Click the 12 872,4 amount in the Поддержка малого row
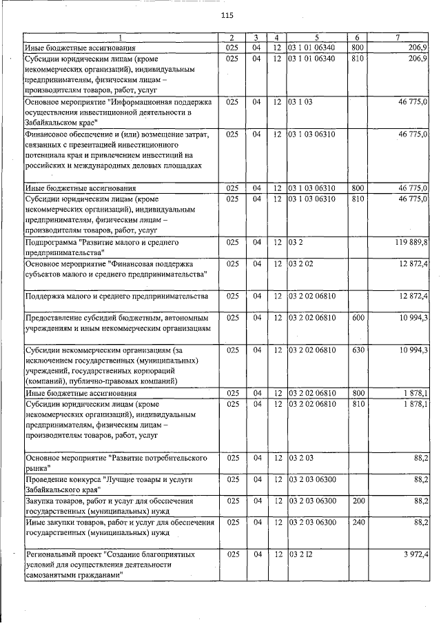(x=413, y=296)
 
